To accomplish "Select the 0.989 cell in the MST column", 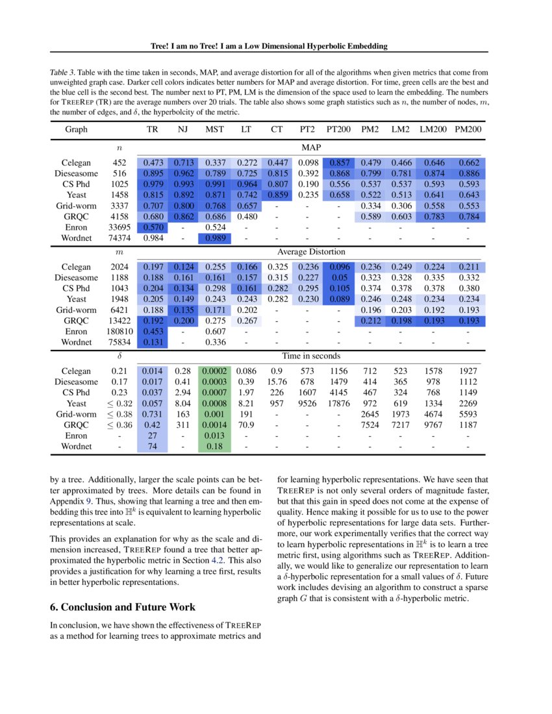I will point(215,238).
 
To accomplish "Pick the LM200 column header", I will point(433,129).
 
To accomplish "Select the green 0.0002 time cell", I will point(215,371).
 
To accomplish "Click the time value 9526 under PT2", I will point(308,403).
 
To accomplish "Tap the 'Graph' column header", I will point(76,129).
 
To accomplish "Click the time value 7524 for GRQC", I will point(370,425).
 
